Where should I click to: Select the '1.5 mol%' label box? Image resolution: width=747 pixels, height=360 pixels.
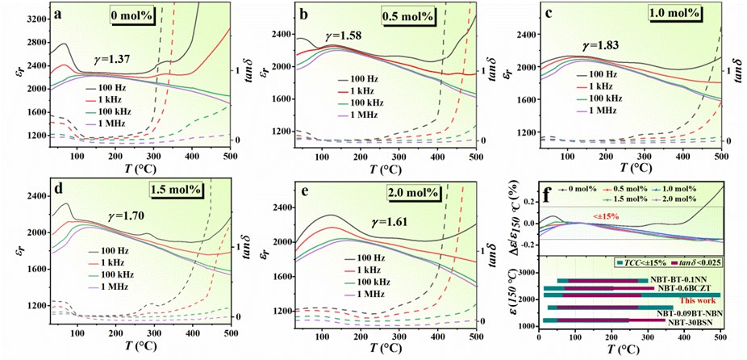[x=175, y=190]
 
